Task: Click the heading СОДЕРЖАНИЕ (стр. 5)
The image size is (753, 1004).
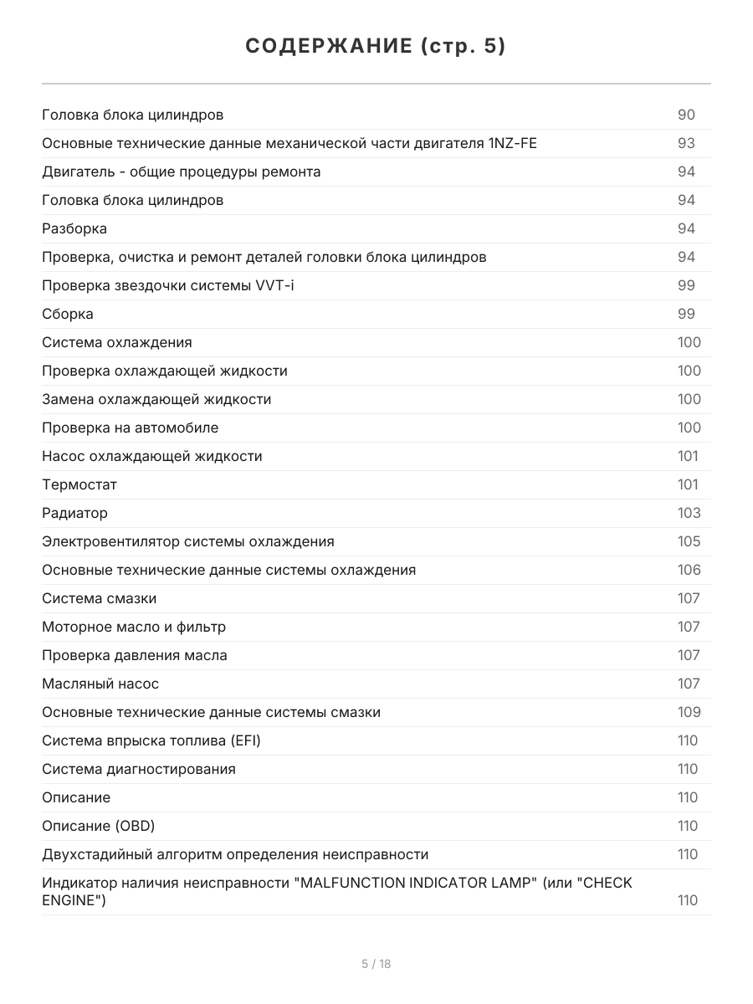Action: (376, 46)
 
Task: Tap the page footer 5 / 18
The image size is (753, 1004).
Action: (376, 964)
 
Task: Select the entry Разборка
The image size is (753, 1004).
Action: (74, 228)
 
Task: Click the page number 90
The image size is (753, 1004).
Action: (686, 115)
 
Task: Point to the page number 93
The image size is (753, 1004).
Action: (686, 143)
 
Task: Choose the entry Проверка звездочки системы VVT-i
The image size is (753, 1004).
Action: (168, 285)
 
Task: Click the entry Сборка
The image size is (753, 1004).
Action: (68, 314)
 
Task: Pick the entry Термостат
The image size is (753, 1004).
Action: (79, 484)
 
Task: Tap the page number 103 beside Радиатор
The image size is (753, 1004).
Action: (689, 513)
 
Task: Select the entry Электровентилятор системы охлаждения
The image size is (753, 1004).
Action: (188, 541)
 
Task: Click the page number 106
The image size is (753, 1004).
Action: (689, 570)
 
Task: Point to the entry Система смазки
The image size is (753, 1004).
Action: (99, 598)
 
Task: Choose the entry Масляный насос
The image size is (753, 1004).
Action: (100, 684)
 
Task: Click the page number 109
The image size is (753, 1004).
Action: (689, 712)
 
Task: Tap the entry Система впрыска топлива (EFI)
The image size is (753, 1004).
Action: (157, 740)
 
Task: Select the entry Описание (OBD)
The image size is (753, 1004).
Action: (99, 826)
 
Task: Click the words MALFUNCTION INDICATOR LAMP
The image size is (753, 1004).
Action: (415, 883)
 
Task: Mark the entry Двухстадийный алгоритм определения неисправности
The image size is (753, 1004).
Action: (235, 854)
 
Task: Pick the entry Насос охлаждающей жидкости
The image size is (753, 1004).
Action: (152, 456)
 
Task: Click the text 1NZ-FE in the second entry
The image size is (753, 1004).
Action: (513, 143)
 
